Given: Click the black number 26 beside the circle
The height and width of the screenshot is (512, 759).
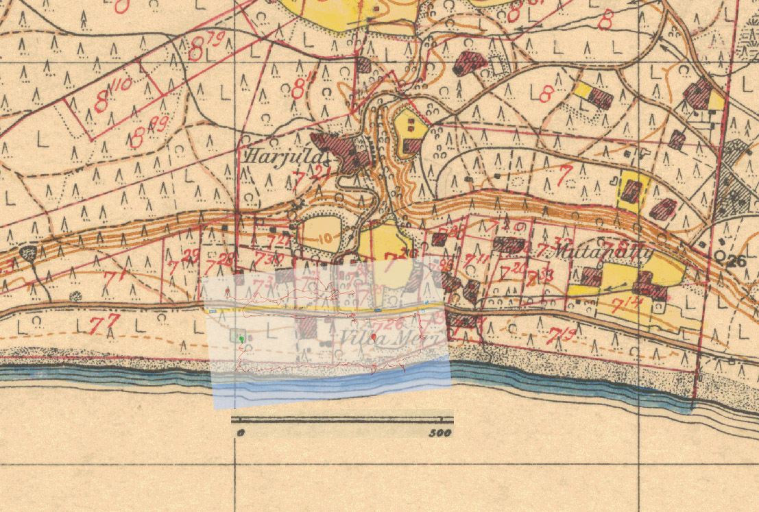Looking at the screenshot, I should click(x=736, y=260).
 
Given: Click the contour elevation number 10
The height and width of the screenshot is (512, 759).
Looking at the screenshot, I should click(x=324, y=238).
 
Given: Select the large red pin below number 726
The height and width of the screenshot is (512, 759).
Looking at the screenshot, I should click(x=373, y=337).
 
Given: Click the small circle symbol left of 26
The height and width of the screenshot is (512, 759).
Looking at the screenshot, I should click(x=720, y=255).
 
